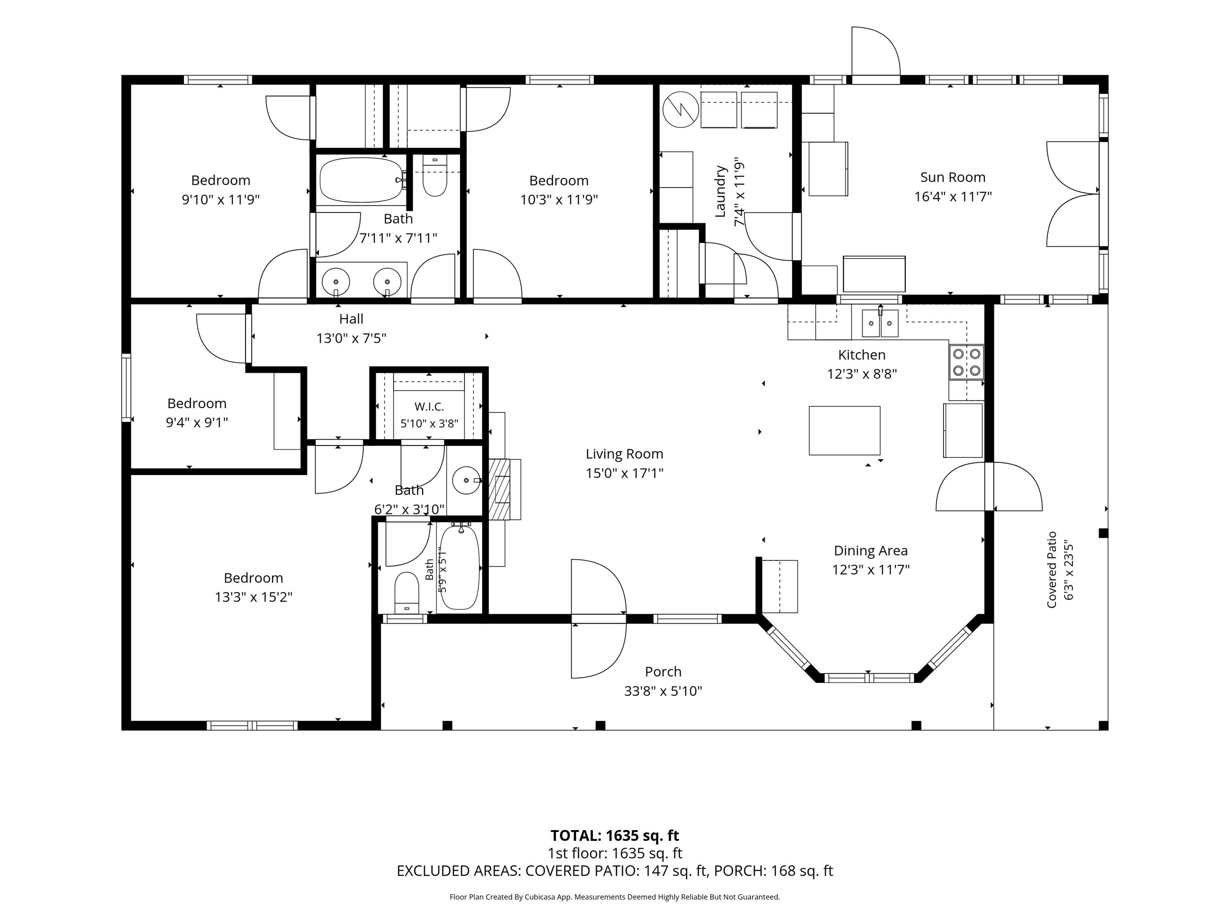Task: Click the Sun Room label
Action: click(953, 178)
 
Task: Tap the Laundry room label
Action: click(720, 191)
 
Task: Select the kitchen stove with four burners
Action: click(966, 362)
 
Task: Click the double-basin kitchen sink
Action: click(880, 324)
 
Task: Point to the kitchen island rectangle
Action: click(844, 431)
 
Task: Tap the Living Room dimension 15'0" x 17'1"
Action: click(624, 473)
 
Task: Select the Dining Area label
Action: click(871, 550)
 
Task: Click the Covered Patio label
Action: click(1051, 569)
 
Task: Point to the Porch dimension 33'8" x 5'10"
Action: click(663, 691)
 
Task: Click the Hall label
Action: click(351, 319)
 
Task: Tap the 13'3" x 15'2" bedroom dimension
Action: click(253, 597)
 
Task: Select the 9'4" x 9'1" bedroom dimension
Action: click(197, 422)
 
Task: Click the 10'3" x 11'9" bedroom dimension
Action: click(559, 200)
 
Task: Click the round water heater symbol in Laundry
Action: click(680, 110)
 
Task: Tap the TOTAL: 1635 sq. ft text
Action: click(615, 835)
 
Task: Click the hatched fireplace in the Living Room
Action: click(499, 489)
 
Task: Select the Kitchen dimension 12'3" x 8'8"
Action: click(862, 374)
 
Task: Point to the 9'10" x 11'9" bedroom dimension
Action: click(221, 200)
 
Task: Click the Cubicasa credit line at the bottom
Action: click(615, 897)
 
